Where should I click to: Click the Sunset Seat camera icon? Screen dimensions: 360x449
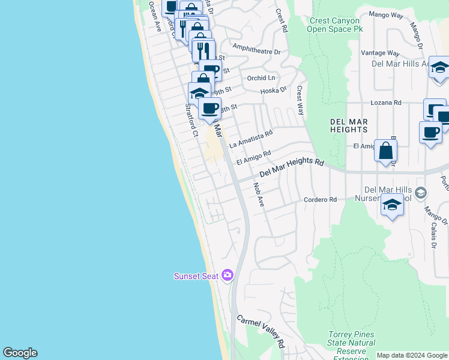click(228, 275)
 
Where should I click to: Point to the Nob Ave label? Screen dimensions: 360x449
click(259, 195)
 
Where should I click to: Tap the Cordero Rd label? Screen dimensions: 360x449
click(320, 200)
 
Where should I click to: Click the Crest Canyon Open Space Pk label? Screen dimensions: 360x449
click(336, 25)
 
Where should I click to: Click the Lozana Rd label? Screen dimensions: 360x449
click(385, 103)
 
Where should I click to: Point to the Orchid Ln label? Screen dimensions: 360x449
click(261, 78)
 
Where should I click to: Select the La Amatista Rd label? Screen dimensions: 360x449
click(251, 139)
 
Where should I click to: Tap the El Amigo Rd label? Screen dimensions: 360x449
click(254, 158)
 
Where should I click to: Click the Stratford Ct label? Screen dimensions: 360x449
click(191, 120)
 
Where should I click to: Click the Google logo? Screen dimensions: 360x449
click(20, 353)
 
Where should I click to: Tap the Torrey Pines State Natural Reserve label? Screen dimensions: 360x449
click(351, 343)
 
